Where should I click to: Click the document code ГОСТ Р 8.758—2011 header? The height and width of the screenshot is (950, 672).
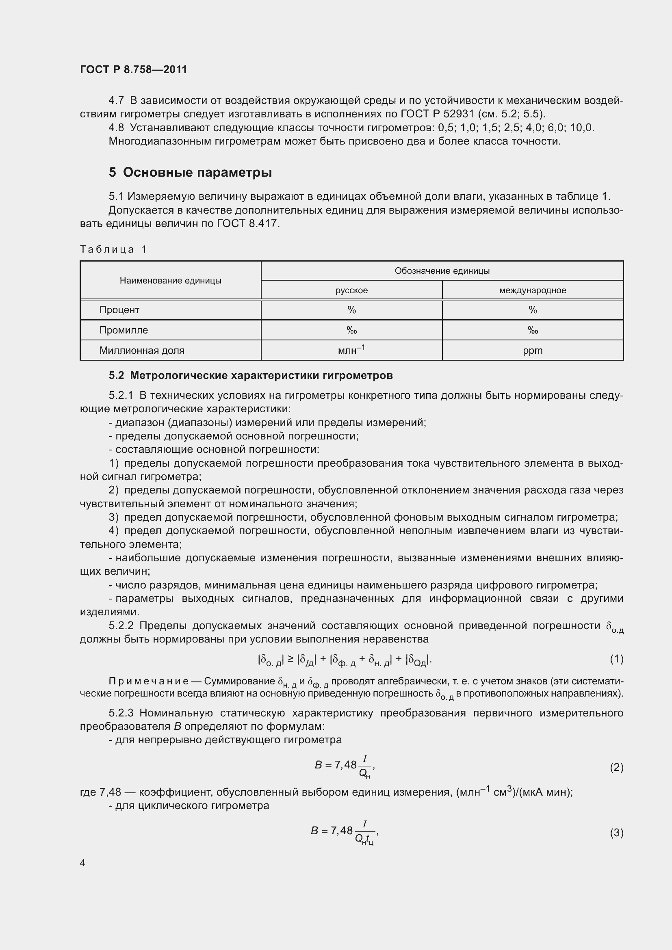tap(133, 69)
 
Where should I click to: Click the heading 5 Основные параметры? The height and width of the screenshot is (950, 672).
tap(190, 172)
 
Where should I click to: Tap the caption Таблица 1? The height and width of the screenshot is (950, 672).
tap(113, 249)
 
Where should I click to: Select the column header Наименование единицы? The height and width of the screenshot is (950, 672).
tap(171, 281)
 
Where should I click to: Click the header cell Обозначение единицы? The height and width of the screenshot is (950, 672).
tap(442, 271)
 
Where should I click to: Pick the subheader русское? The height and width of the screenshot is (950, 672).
tap(351, 290)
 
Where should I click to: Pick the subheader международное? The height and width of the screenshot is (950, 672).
tap(533, 290)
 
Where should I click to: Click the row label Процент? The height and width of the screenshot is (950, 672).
tap(119, 310)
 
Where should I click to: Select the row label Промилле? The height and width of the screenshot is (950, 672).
tap(124, 330)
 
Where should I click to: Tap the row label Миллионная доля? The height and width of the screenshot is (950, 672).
tap(141, 351)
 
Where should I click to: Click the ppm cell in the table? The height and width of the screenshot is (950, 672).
tap(533, 351)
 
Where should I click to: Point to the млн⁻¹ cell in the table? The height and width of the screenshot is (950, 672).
tap(351, 350)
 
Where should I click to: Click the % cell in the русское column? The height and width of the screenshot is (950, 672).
tap(351, 310)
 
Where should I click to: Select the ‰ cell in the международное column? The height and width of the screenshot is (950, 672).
tap(533, 330)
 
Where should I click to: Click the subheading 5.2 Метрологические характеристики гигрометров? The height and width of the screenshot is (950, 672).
tap(250, 375)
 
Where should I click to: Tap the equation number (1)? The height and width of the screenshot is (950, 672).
tap(616, 659)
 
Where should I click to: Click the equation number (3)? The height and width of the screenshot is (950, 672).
tap(616, 833)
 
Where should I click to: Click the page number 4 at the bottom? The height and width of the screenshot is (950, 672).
tap(83, 863)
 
